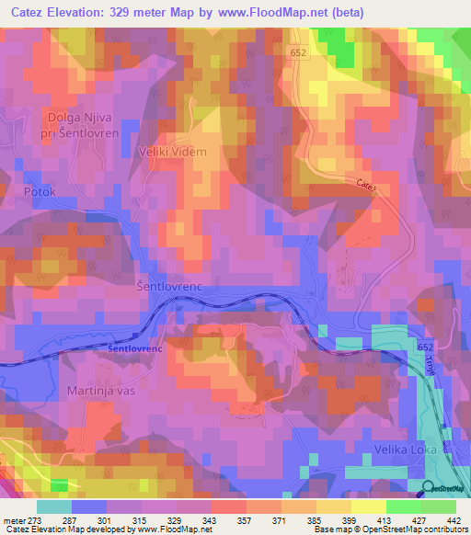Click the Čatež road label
click(366, 186)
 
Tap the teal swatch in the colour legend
click(53, 506)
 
